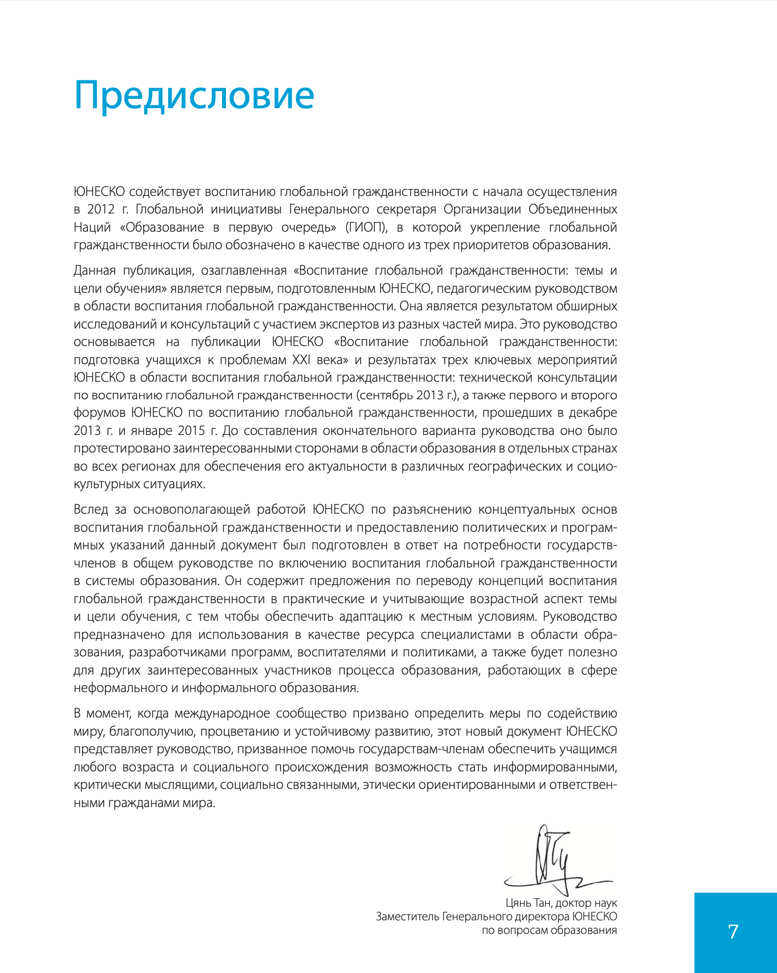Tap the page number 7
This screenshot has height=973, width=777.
coord(733,932)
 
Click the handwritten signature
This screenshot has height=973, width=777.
coord(558,860)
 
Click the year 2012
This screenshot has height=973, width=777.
coord(101,209)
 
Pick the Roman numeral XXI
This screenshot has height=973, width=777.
coord(304,360)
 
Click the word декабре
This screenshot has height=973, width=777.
coord(593,412)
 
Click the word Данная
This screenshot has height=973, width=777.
coord(94,271)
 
